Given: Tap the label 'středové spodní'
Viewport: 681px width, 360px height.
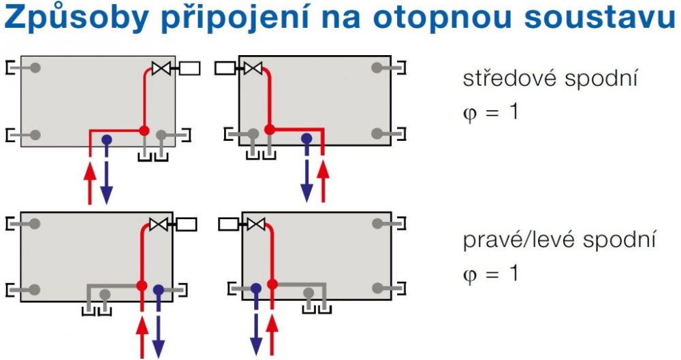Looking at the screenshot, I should pos(550,78).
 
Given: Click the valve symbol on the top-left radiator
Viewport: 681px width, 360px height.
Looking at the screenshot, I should pos(161,68).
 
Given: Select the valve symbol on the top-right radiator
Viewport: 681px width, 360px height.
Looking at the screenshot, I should pos(253,68).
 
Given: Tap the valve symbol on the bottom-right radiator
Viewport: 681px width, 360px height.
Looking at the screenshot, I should pos(255,224).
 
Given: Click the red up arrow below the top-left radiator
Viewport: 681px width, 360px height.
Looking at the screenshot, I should pos(90,182).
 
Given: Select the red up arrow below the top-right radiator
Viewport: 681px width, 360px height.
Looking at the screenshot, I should pos(323,182).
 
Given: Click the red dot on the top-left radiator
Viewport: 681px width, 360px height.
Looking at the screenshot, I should pos(144,129).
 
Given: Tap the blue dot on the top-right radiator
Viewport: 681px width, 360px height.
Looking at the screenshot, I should pos(306,138).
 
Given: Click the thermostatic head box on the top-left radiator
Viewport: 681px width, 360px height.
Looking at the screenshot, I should pos(190,68).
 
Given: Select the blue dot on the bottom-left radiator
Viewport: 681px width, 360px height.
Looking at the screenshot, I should pos(159,290).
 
